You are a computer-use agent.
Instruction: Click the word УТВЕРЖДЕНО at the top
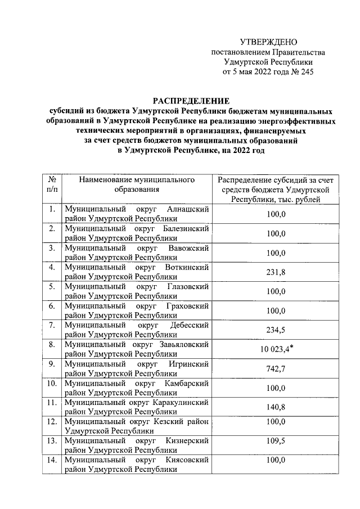268,42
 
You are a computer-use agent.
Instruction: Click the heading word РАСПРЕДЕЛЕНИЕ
188,101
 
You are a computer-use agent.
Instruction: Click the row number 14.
52,460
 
